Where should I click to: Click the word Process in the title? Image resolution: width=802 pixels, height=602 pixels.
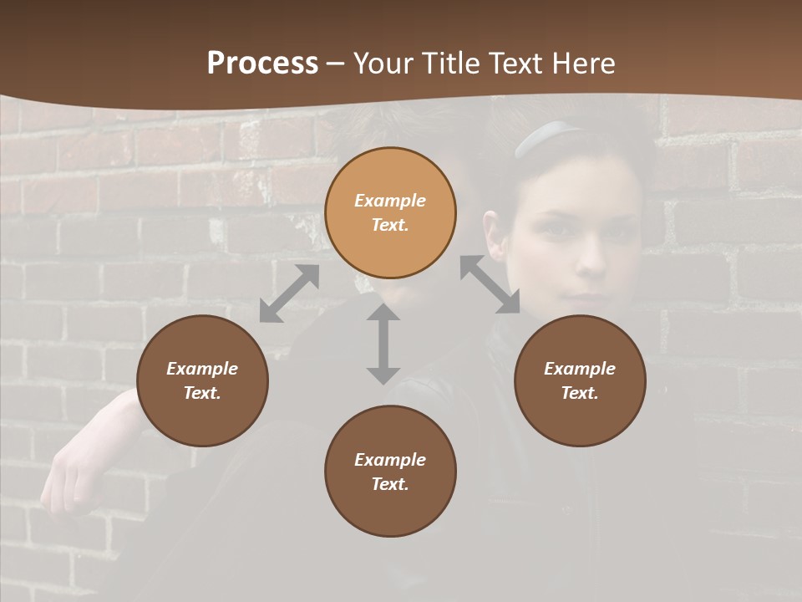262,64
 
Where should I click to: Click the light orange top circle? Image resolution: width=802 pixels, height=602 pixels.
390,212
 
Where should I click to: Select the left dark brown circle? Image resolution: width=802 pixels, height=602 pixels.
202,380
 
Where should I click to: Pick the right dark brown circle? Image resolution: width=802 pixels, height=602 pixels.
580,380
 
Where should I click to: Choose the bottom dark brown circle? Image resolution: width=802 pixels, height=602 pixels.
390,471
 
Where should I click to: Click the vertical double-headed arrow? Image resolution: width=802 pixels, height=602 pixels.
383,344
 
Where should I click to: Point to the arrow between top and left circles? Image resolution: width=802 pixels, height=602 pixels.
289,293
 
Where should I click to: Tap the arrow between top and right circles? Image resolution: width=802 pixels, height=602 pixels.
490,284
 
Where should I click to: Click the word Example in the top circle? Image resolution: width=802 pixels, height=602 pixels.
390,201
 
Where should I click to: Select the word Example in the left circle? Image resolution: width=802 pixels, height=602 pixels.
202,369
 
